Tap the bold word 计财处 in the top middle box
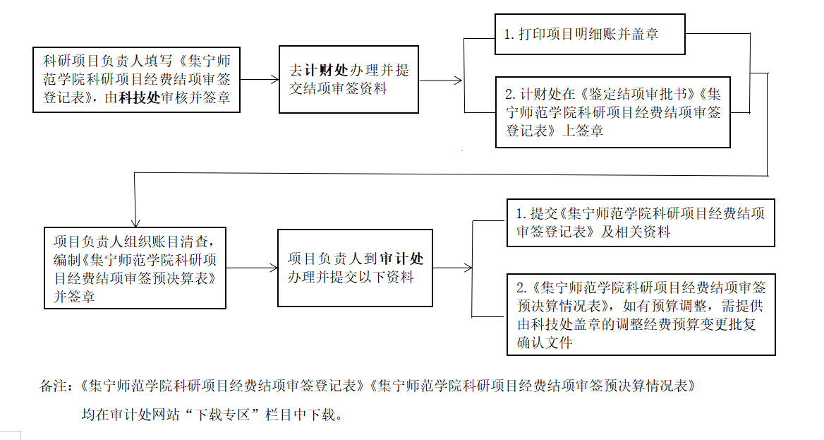tap(326, 71)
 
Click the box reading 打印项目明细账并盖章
tap(590, 34)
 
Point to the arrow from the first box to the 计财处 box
tap(260, 80)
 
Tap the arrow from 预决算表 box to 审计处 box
tap(252, 268)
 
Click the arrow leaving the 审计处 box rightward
tap(452, 268)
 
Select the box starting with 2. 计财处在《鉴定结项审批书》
tap(612, 112)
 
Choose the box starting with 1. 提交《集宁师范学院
tap(641, 222)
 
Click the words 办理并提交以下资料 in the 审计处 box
tap(351, 277)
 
